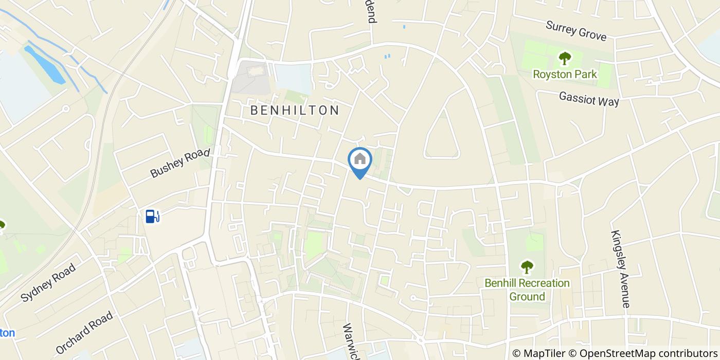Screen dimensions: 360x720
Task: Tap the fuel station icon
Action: [x=152, y=217]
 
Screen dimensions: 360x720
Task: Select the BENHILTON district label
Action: [x=295, y=110]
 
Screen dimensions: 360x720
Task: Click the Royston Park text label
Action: [x=565, y=75]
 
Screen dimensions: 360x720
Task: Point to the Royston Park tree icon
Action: [x=565, y=58]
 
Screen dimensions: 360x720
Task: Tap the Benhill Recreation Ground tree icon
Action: [x=527, y=267]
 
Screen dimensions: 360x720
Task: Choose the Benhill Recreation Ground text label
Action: [x=527, y=290]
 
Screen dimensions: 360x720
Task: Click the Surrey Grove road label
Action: [x=576, y=31]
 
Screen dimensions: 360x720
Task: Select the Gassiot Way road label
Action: [x=589, y=98]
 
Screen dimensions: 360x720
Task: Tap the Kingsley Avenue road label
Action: [x=620, y=268]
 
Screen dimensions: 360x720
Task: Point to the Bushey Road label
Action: [x=180, y=163]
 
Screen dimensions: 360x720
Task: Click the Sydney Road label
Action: [x=48, y=282]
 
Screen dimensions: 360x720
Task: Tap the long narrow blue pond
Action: [x=45, y=64]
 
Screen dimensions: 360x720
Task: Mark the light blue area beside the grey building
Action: [x=293, y=78]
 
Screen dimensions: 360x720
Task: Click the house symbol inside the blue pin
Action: [x=360, y=159]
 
